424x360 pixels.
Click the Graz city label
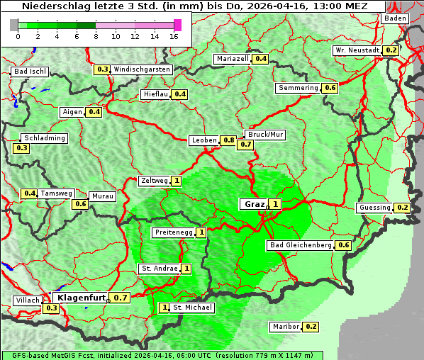tap(255, 204)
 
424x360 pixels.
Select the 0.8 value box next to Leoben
tap(228, 140)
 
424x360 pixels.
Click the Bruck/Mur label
tap(264, 134)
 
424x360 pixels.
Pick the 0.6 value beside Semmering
tap(329, 88)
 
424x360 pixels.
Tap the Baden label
tap(395, 18)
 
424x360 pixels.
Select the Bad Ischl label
tap(30, 72)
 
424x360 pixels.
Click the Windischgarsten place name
tap(142, 69)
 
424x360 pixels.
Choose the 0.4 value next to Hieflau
tap(180, 94)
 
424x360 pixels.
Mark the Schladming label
tap(44, 138)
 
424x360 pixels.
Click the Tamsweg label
tap(57, 193)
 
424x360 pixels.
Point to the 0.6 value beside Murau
tap(81, 204)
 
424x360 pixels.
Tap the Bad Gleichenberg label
tap(301, 245)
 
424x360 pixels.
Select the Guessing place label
tap(374, 208)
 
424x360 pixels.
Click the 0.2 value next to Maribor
tap(311, 327)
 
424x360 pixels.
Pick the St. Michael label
tap(191, 308)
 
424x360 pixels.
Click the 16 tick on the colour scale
tap(174, 35)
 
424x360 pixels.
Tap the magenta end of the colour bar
tap(177, 25)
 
